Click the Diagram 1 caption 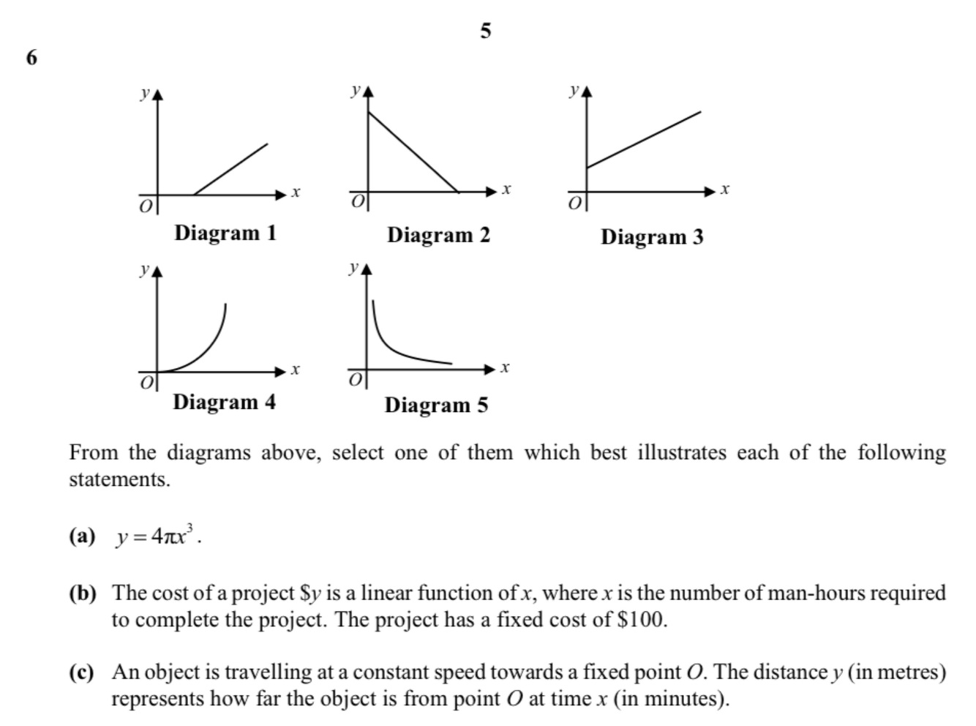225,233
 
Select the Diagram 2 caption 438,235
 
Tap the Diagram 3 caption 652,237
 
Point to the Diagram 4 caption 225,402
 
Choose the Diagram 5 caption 436,405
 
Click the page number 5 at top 485,31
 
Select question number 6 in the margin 31,57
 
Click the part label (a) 83,536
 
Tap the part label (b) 83,593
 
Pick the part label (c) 82,672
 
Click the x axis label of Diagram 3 724,189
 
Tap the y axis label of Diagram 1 145,93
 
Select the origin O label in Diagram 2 358,201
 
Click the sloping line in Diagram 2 413,151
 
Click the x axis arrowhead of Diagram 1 281,195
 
